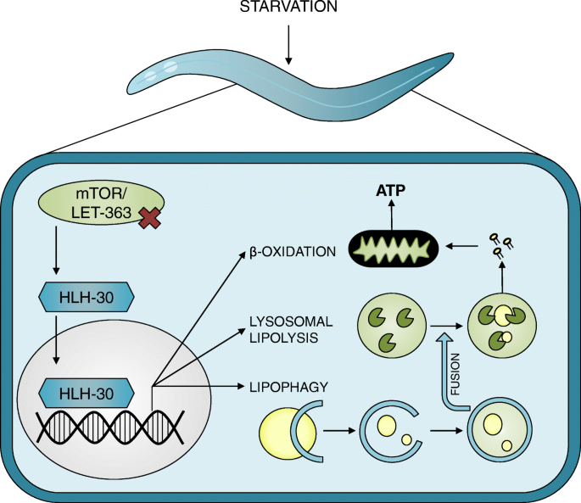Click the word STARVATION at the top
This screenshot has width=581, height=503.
tap(288, 6)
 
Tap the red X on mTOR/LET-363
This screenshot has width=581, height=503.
tap(150, 218)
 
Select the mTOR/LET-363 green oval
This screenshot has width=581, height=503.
tap(101, 204)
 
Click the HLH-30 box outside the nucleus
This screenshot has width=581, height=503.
tap(87, 297)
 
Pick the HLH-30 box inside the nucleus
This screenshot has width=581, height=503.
tap(87, 394)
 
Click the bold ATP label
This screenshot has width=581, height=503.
tap(390, 191)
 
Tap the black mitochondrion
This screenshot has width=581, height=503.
tap(394, 248)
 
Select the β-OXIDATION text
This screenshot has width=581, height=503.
tap(293, 252)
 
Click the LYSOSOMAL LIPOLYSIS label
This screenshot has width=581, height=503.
tap(291, 329)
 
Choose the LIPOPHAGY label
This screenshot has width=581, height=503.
tap(288, 387)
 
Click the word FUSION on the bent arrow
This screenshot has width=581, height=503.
tap(455, 374)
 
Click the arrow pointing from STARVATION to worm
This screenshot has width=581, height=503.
tap(288, 44)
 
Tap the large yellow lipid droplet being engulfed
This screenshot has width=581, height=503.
tap(288, 432)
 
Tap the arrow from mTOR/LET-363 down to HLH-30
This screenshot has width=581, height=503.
tap(56, 250)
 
